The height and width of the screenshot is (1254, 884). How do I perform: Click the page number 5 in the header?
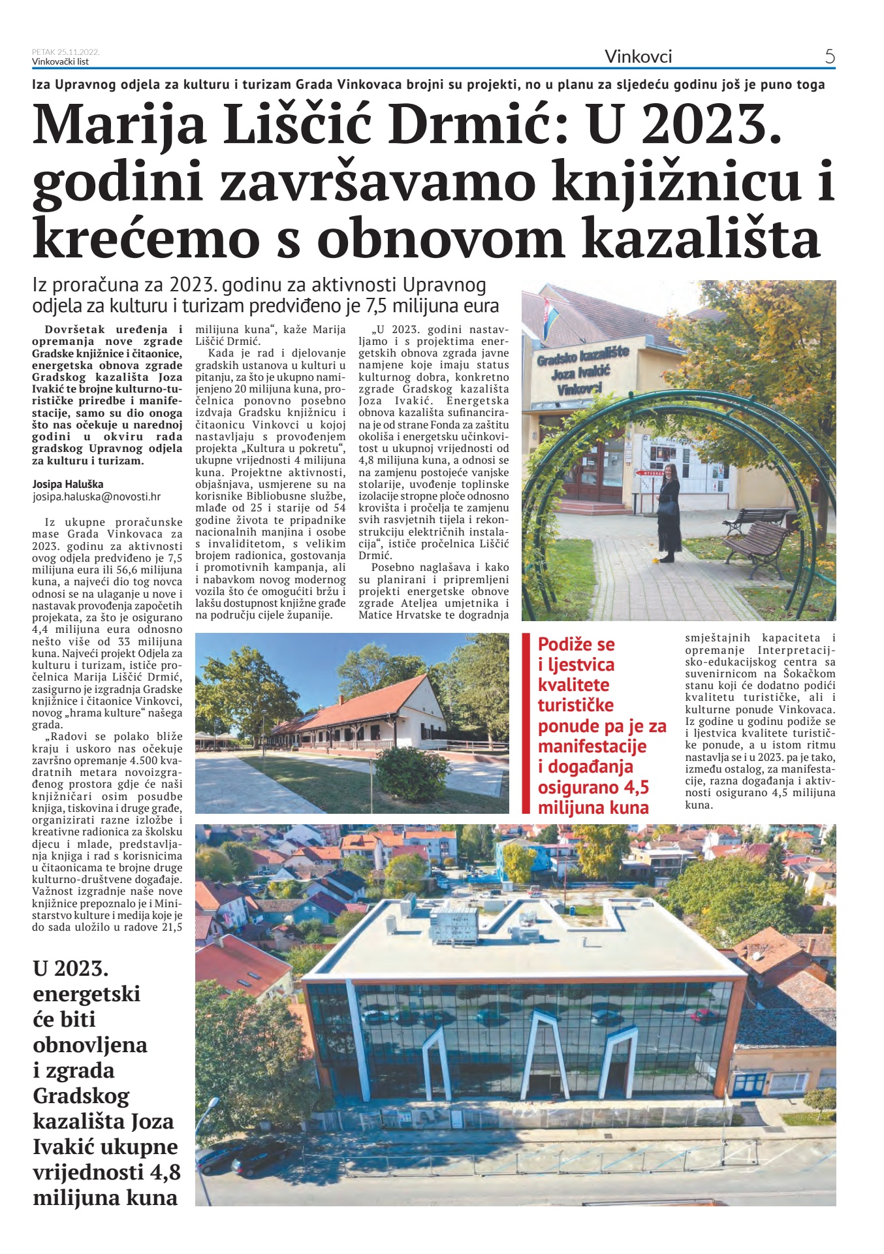coord(830,57)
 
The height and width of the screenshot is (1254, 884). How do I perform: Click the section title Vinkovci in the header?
coord(638,57)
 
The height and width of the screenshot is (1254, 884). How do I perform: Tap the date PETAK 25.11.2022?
coord(65,52)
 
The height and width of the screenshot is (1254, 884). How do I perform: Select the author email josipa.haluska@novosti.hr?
coord(97,496)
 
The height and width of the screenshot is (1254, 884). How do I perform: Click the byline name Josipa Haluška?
coord(68,484)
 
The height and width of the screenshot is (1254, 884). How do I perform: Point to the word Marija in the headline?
coord(119,126)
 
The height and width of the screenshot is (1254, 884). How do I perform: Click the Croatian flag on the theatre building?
coord(550,315)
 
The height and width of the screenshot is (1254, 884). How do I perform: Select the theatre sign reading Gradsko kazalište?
coord(582,357)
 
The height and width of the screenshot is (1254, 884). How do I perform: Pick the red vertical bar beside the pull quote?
coord(526,723)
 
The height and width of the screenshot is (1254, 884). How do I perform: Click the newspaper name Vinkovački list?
coord(60,62)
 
